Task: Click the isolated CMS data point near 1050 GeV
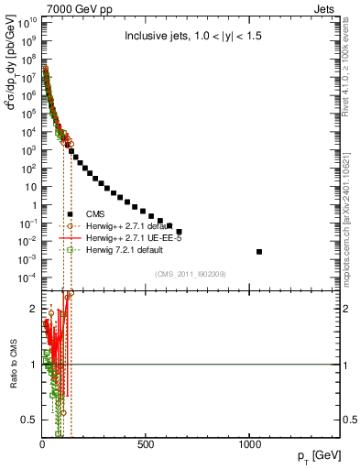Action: click(259, 251)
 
